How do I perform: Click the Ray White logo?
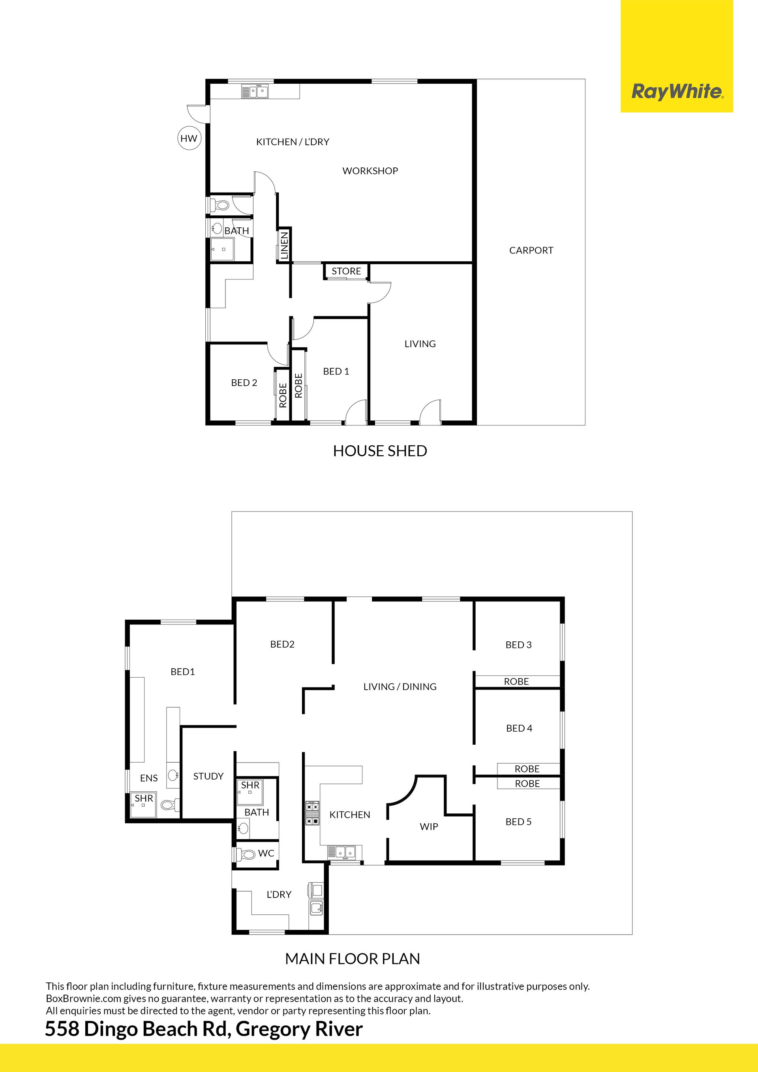tap(677, 92)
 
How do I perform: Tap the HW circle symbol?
tap(189, 138)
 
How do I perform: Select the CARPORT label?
tap(531, 251)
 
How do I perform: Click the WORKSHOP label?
tap(370, 171)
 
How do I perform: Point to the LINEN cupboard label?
tap(284, 246)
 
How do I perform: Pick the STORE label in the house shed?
tap(346, 271)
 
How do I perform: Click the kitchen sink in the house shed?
tap(255, 91)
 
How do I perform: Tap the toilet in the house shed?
tap(219, 205)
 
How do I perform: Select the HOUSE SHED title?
tap(380, 451)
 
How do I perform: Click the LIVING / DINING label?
tap(400, 687)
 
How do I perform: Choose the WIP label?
tap(429, 827)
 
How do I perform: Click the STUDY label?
tap(208, 776)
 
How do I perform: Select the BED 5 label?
tap(518, 822)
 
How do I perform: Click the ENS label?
tap(149, 778)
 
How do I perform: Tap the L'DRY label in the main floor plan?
tap(279, 894)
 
